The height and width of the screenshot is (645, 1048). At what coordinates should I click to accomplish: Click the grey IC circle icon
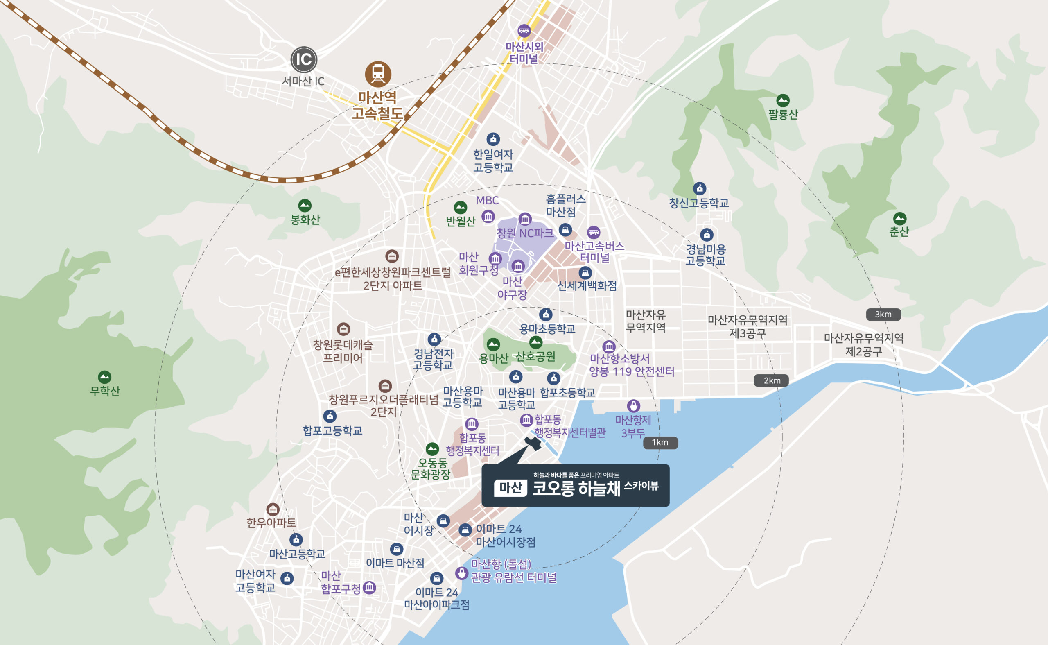tap(304, 59)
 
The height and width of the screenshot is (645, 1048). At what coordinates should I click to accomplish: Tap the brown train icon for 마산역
tap(378, 74)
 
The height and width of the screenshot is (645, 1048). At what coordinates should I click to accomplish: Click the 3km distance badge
tap(883, 315)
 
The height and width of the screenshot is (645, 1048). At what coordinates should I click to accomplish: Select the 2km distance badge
tap(771, 380)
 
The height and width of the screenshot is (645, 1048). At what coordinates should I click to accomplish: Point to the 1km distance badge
tap(660, 442)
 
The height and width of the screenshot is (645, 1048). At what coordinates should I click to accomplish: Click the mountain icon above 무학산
tap(104, 377)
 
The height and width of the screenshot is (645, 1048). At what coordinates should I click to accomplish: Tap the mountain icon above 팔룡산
tap(782, 101)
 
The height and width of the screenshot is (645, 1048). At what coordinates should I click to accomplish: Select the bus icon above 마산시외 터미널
tap(524, 31)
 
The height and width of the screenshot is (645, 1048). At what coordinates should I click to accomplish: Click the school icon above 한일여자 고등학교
tap(493, 139)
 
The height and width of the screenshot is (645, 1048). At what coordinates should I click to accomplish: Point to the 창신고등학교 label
tap(699, 203)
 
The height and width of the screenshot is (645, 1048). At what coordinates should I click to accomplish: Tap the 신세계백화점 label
tap(587, 286)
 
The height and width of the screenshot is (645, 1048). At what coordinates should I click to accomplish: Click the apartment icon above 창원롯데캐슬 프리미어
tap(343, 329)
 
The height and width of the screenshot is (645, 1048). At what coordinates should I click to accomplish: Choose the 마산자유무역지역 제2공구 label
tap(864, 345)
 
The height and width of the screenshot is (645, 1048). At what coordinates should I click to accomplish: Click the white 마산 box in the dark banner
tap(510, 488)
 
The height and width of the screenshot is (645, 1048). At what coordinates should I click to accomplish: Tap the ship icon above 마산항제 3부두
tap(633, 405)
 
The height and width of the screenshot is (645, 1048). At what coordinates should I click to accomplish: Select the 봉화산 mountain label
tap(305, 220)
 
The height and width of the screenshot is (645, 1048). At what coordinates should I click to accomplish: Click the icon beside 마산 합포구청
tap(369, 587)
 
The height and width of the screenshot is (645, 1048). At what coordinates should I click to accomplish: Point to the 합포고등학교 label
tap(332, 430)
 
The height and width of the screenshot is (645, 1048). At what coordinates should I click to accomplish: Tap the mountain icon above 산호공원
tap(536, 342)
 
